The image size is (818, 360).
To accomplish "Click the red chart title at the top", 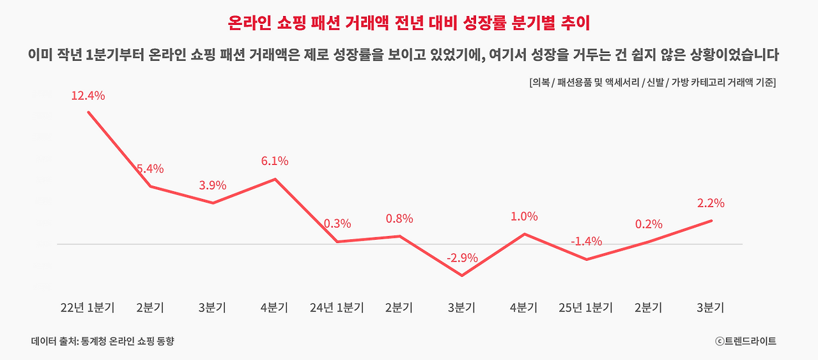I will [409, 23].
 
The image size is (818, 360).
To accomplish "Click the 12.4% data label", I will [88, 96].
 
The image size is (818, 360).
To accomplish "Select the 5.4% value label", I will [150, 169].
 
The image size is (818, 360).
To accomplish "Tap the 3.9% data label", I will [213, 185].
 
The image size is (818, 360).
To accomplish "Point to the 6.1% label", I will [275, 161].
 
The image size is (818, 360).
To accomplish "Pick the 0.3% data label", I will [337, 224].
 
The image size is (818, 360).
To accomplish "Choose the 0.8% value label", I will [399, 219].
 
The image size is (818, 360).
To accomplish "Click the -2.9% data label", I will [462, 258].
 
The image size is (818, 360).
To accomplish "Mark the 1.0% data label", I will [524, 217].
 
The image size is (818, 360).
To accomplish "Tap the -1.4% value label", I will [586, 242].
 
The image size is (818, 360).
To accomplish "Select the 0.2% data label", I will [649, 224].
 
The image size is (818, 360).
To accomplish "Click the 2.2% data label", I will [711, 203].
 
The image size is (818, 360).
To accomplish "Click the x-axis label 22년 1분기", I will [88, 308].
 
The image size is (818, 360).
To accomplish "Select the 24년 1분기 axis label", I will [337, 308].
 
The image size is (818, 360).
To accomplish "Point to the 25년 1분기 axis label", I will [586, 308].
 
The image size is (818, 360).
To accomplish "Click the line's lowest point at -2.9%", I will [462, 276].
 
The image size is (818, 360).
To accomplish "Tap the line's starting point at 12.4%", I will [88, 112].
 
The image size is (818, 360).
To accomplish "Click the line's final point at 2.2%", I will [711, 221].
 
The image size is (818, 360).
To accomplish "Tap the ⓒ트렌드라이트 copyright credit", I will [746, 341].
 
